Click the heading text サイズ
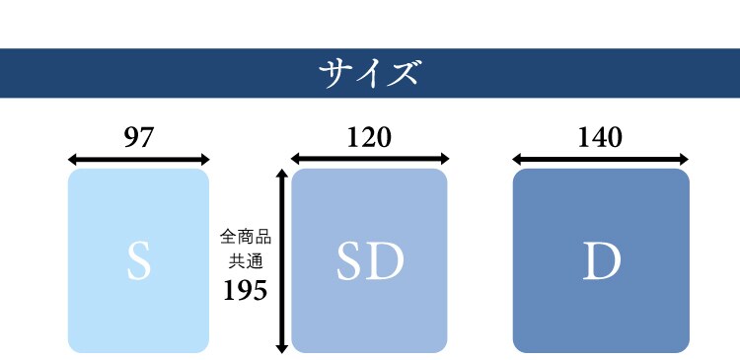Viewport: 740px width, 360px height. pos(370,73)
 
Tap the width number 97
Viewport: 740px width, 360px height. pos(138,138)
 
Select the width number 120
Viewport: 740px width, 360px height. pos(369,137)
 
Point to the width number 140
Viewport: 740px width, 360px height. pos(600,137)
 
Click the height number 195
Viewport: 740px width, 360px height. pos(246,291)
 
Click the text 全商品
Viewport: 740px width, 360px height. pos(246,238)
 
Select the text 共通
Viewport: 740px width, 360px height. pos(246,260)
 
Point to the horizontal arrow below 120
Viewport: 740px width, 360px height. pos(370,158)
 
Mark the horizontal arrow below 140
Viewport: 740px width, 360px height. pos(600,158)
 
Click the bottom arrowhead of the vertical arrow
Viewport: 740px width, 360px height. pos(282,346)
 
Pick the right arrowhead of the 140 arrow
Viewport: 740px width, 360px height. pos(683,158)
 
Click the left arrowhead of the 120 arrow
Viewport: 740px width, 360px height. pos(296,158)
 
